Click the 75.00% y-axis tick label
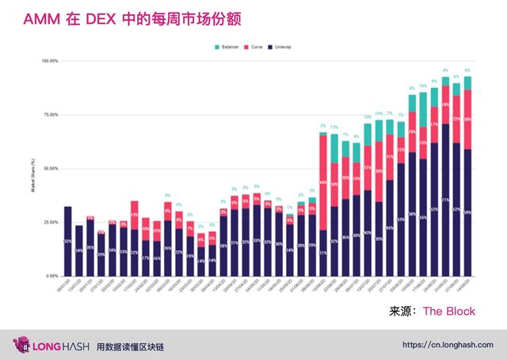[50, 115]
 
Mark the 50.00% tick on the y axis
[50, 169]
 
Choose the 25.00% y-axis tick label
[50, 223]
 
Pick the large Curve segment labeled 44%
[322, 182]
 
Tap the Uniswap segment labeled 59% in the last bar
[467, 213]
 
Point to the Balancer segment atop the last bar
[467, 83]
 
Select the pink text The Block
[449, 312]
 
